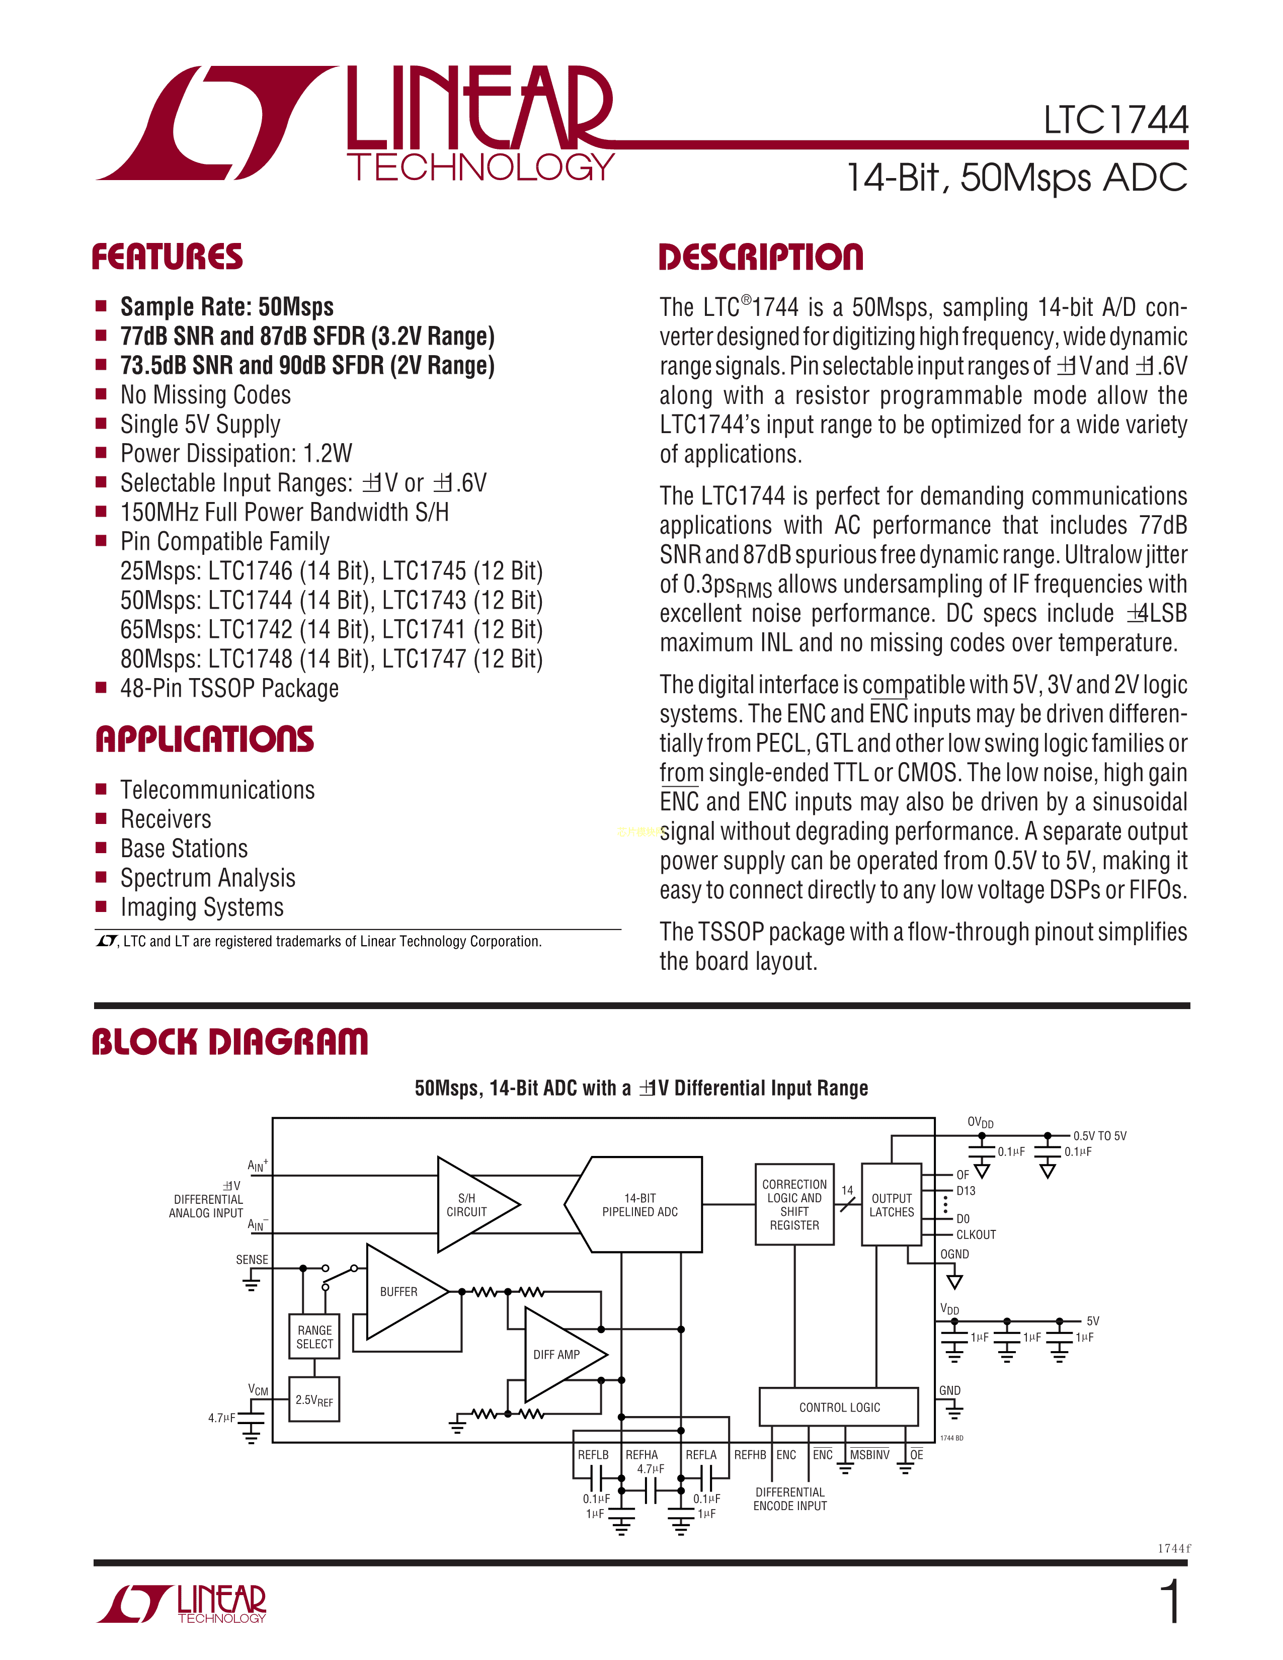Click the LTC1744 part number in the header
pos(1115,120)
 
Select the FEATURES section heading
pos(167,257)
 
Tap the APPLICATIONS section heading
pos(204,739)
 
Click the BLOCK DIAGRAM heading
pos(229,1042)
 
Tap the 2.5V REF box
pos(314,1399)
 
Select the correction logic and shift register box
pos(794,1205)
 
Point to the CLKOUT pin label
pos(976,1234)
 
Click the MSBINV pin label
pos(869,1455)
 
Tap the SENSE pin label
pos(252,1260)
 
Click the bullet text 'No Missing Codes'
pos(205,395)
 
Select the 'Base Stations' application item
pos(184,848)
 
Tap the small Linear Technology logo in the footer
pos(183,1604)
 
